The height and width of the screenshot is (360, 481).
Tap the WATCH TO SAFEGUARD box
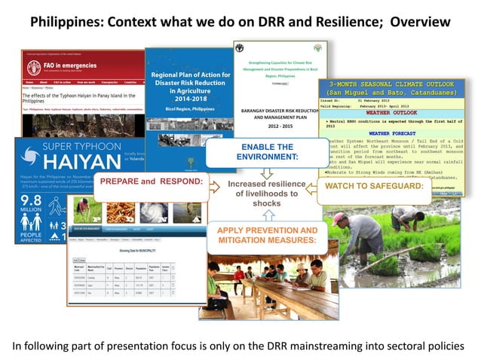369,186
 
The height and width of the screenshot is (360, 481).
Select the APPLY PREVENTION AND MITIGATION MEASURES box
267,236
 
